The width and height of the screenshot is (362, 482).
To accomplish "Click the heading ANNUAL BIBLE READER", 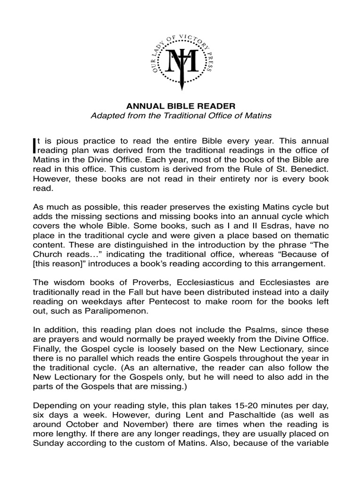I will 181,106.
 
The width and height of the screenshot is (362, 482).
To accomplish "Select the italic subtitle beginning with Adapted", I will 181,115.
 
